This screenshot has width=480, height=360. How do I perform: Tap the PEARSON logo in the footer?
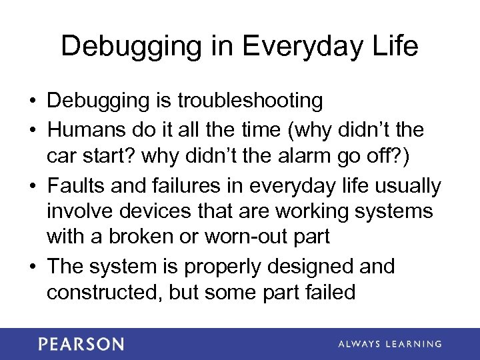81,344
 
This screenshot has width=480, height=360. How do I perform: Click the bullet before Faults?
32,186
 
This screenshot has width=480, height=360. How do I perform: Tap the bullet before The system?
32,266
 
